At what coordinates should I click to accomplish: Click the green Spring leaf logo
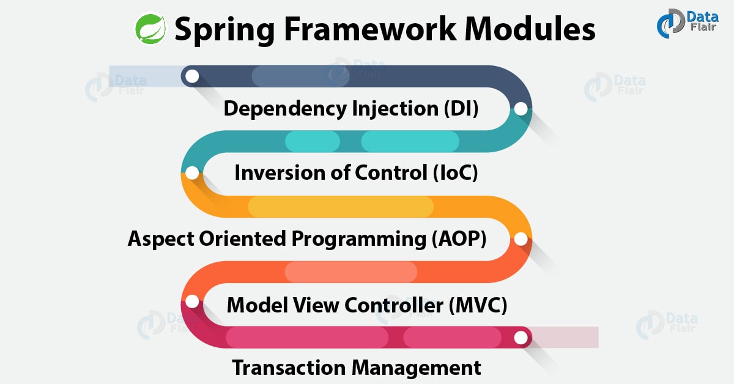tap(150, 29)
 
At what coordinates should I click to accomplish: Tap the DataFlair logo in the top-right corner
tap(686, 24)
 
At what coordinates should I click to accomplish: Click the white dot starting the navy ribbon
tap(192, 76)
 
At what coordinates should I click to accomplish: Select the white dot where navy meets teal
tap(521, 109)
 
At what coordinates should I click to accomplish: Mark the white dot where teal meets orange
tap(192, 173)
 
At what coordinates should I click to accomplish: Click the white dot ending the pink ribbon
tap(521, 337)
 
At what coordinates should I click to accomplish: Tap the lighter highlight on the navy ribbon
tap(287, 76)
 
